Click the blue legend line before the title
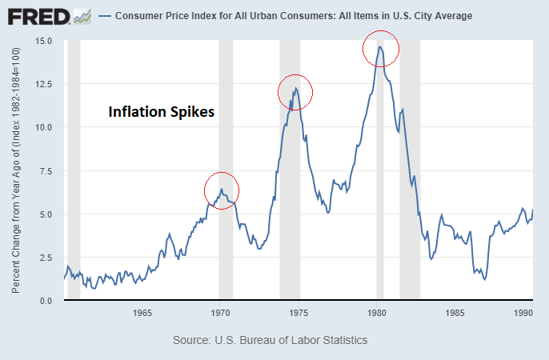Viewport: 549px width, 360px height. pos(105,16)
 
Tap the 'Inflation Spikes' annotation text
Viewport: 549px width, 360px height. pos(162,113)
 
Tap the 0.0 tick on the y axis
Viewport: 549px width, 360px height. pos(46,301)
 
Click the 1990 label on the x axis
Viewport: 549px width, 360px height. pos(523,312)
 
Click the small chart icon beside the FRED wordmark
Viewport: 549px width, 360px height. pos(82,15)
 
